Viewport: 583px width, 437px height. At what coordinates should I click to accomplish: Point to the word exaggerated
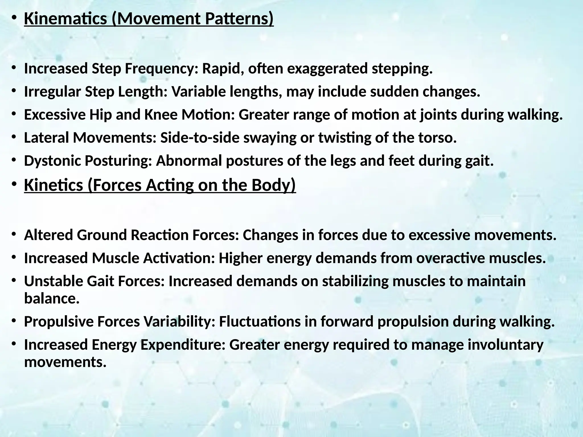(x=327, y=69)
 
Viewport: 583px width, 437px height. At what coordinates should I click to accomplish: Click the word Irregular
(x=52, y=92)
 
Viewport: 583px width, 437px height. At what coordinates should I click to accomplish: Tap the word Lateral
(x=46, y=138)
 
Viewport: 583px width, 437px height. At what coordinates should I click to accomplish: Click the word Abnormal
(x=189, y=161)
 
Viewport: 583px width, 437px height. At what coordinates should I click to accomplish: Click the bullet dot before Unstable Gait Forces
(x=13, y=281)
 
